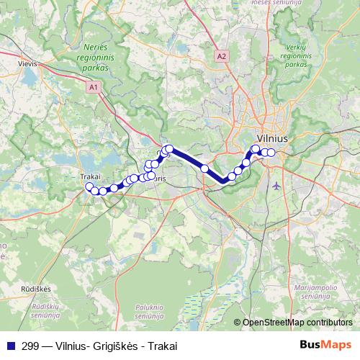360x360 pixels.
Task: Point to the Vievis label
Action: [x=27, y=63]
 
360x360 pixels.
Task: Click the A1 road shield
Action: [x=94, y=86]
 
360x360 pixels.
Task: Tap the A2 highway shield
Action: [x=221, y=55]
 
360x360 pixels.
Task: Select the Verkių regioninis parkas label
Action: [x=295, y=55]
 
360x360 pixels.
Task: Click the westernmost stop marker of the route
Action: [x=89, y=187]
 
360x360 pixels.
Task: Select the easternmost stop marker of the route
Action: [x=271, y=152]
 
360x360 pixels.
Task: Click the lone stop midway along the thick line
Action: [x=204, y=168]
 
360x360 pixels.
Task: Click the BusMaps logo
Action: [x=326, y=345]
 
